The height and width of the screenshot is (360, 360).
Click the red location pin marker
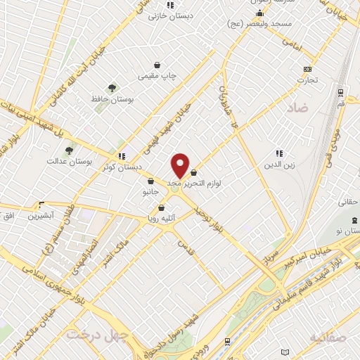[181, 165]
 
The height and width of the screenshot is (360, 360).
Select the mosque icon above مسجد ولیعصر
[259, 13]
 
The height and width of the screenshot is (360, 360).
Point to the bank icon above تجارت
[307, 69]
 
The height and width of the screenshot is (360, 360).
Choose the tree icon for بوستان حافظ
[112, 88]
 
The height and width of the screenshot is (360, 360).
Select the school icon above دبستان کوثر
[122, 156]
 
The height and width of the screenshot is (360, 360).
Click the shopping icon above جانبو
[150, 181]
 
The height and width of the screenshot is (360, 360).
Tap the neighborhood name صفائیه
[327, 338]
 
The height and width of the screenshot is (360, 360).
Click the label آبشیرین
[41, 216]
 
